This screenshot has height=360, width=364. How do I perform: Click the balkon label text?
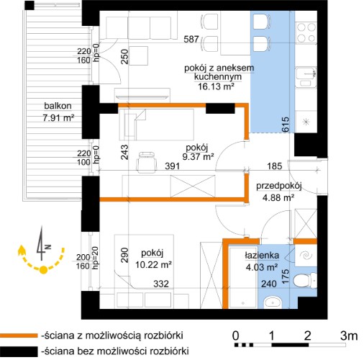[58, 106]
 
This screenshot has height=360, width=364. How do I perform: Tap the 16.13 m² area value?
[216, 86]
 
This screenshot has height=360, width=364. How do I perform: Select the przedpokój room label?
[279, 186]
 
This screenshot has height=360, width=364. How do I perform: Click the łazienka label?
[262, 256]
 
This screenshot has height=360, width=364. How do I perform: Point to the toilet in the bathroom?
[304, 280]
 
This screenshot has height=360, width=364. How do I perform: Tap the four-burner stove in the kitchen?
[306, 32]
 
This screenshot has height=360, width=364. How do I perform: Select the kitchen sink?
[306, 77]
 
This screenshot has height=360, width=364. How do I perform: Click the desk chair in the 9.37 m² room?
[146, 162]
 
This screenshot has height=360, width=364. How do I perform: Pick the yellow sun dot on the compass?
[43, 270]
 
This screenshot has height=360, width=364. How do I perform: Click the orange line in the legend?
[19, 336]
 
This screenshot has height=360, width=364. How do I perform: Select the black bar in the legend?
[19, 351]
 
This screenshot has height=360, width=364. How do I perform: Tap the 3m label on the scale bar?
[349, 336]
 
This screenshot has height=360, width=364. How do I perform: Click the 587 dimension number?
[191, 39]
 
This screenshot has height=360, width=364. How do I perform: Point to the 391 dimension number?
[173, 166]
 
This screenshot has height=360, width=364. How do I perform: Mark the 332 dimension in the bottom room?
[161, 284]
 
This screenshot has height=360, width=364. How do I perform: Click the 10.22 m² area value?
[153, 265]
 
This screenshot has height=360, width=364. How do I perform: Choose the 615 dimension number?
[286, 124]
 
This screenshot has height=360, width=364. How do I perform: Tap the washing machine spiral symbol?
[306, 256]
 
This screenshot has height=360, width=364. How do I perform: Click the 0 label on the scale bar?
[236, 336]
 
